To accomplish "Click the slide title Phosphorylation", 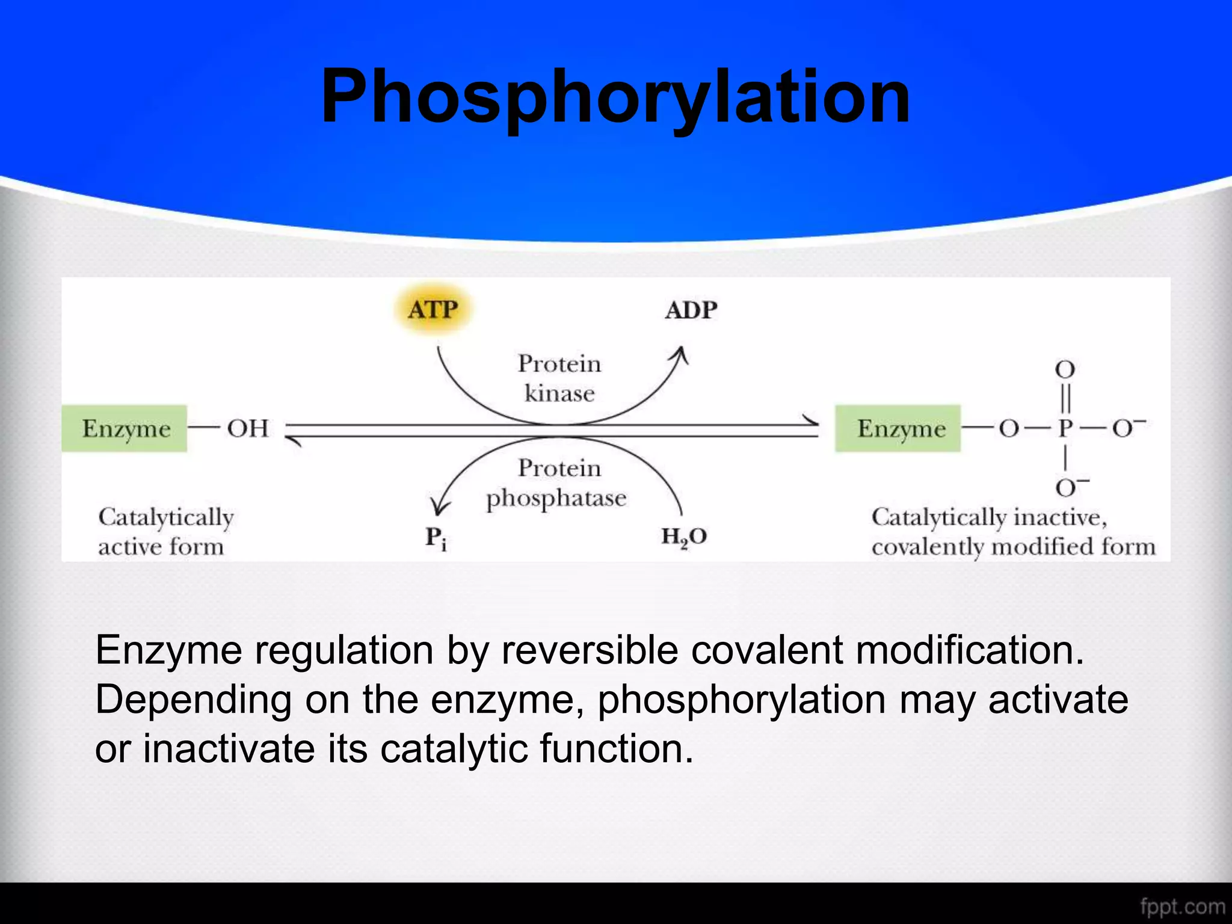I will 615,98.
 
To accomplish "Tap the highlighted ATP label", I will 433,310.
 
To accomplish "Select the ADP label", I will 691,310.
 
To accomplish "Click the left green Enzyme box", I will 125,428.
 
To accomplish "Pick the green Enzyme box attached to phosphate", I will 898,428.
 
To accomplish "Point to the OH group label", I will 247,428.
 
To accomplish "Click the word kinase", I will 559,393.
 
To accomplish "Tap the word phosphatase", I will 556,498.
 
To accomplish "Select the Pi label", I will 436,537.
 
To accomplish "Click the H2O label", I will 684,536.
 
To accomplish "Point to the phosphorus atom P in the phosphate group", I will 1065,428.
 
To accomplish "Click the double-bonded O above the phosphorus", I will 1065,369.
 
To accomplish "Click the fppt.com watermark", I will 1183,906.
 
